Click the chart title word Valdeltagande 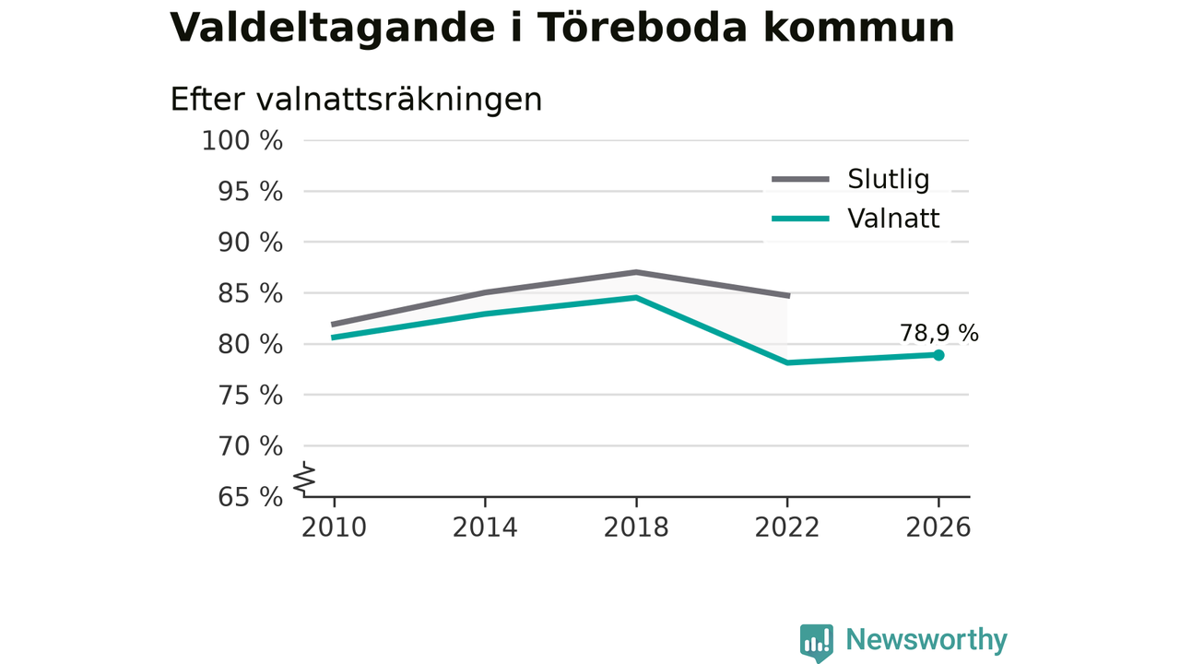coord(332,28)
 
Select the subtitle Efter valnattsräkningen coord(356,99)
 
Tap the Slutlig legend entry coord(850,179)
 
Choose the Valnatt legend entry coord(855,219)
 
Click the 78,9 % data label coord(938,333)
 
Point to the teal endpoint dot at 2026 coord(938,355)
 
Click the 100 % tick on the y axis coord(242,141)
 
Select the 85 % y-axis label coord(250,293)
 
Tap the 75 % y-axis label coord(250,396)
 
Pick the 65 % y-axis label coord(250,497)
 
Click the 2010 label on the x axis coord(334,528)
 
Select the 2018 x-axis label coord(636,528)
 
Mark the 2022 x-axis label coord(787,528)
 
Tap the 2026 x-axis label coord(938,528)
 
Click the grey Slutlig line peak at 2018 coord(636,272)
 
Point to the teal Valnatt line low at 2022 coord(787,362)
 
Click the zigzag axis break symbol coord(304,479)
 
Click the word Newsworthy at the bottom coord(926,640)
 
